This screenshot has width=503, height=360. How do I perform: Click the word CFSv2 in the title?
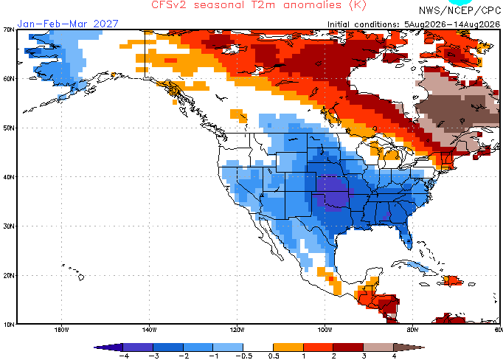click(168, 5)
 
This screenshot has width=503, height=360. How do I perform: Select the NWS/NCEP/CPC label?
click(459, 10)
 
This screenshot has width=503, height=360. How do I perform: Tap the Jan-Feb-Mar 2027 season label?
click(68, 24)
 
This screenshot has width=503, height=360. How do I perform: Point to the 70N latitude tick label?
click(9, 30)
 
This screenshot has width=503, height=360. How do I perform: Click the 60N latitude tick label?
click(9, 79)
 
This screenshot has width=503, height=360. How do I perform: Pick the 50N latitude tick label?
click(9, 128)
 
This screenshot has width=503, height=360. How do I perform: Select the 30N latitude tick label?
click(9, 226)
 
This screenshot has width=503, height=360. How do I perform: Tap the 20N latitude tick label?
click(9, 276)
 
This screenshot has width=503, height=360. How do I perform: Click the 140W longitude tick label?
click(149, 330)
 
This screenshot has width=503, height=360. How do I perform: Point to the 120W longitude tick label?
click(237, 330)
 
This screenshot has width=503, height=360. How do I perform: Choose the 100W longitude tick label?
click(325, 330)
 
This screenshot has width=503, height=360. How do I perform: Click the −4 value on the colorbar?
click(124, 356)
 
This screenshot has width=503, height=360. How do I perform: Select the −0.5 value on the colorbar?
click(244, 356)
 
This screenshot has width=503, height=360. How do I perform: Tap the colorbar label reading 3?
click(364, 356)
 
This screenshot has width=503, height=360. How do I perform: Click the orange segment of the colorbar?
click(288, 347)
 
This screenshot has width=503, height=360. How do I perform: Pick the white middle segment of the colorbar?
click(258, 347)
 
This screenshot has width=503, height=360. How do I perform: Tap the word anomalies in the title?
click(313, 5)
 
